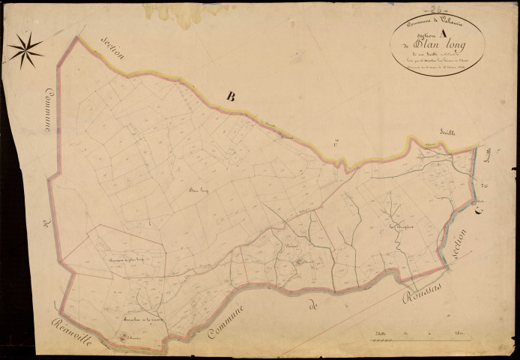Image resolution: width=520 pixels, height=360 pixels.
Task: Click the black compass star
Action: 25,49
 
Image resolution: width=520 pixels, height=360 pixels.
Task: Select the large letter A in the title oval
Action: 446,31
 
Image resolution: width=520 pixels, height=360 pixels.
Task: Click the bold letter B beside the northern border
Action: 231,95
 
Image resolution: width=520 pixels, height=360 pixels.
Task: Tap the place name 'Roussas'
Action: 424,283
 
